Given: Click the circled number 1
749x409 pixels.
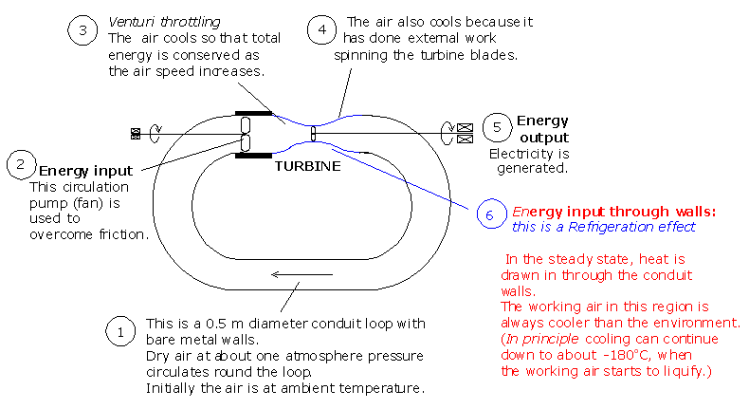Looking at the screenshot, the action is pos(120,331).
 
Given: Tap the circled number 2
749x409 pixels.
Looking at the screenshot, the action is pos(21,165).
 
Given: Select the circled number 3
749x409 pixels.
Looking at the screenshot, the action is pos(82,30).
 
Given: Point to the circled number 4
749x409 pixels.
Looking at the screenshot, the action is pos(322,29).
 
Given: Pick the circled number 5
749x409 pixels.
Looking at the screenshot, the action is pos(497,128).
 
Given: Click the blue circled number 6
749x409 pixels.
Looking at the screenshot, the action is pos(491,214).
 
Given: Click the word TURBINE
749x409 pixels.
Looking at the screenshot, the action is pos(307,166).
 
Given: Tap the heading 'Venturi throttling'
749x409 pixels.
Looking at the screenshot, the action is pos(164,22).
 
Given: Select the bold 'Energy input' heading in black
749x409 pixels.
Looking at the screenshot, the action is pos(85,171).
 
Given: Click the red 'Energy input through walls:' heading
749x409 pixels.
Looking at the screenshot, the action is pos(613,212).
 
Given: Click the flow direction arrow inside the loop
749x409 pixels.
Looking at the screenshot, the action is pos(301,274).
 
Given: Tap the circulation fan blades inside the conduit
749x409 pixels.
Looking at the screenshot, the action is pos(245,134).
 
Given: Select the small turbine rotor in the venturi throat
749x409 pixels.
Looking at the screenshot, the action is pos(314,134).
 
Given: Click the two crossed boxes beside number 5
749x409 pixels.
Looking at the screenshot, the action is pos(465,134).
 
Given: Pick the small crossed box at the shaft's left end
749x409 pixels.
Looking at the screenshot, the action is pos(136,134).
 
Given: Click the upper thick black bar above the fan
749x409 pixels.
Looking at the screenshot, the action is pos(254,113).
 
